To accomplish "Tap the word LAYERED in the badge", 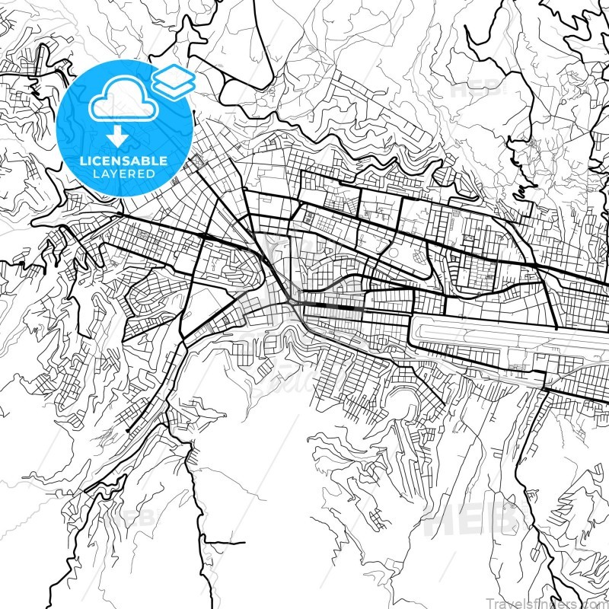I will pyautogui.click(x=125, y=174).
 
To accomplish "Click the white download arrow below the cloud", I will pyautogui.click(x=116, y=136).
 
